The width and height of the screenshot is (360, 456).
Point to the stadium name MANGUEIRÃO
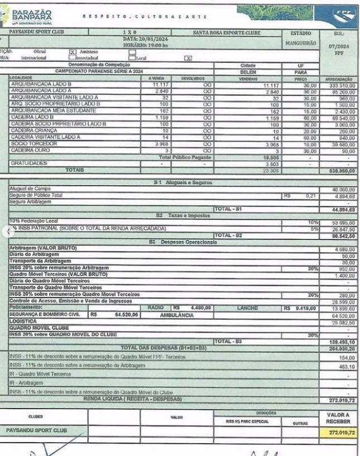pos(301,42)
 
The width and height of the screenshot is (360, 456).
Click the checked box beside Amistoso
pos(73,51)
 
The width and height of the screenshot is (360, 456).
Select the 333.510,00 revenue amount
pos(338,84)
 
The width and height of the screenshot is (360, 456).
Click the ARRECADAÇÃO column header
pos(338,78)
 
